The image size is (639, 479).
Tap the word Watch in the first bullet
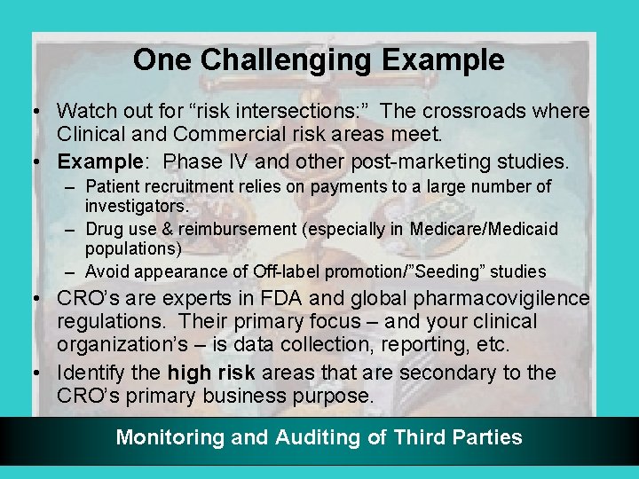point(86,112)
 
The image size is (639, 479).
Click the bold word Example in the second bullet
point(93,161)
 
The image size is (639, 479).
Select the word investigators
point(137,206)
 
